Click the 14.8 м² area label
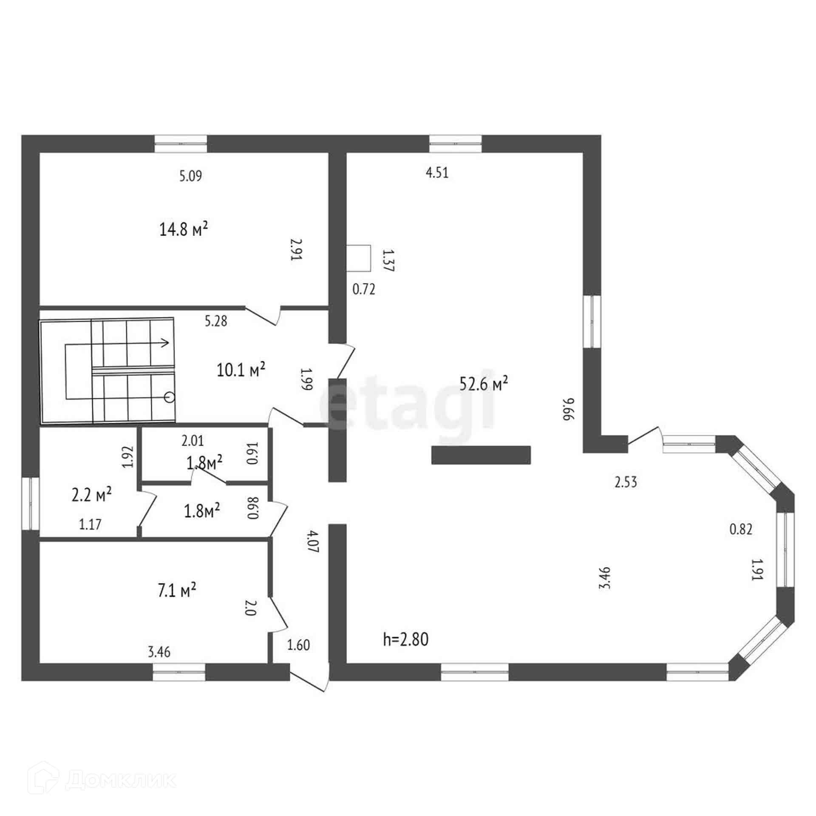point(183,230)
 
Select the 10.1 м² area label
point(241,370)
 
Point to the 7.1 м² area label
point(177,590)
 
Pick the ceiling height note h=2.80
point(405,651)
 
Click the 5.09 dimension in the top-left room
point(190,176)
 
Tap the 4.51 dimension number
point(437,173)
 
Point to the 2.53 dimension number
point(626,482)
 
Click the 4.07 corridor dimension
point(313,541)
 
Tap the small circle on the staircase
point(170,397)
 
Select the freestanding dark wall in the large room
point(481,455)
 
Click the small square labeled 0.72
point(358,258)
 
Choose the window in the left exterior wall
point(30,504)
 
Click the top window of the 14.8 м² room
point(181,144)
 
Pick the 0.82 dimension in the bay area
point(741,530)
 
